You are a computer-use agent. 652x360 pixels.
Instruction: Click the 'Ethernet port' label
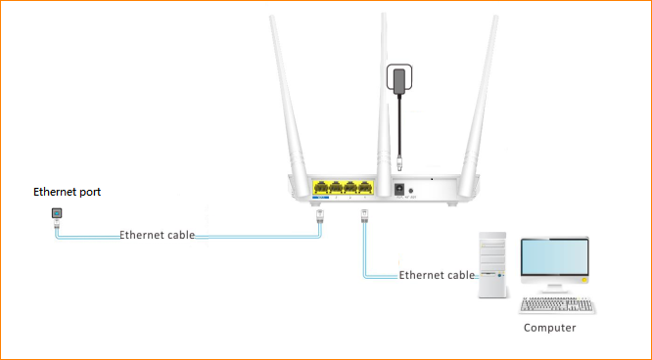[x=67, y=192]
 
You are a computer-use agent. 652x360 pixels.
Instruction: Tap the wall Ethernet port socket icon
[x=55, y=212]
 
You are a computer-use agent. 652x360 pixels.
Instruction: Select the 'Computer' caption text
[x=549, y=328]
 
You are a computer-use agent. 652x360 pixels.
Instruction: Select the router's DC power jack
[x=399, y=188]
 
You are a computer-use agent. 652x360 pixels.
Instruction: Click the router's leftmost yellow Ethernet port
[x=320, y=188]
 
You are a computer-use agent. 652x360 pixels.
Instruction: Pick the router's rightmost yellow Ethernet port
[x=365, y=188]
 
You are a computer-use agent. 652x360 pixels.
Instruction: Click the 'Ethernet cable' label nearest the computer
[x=437, y=276]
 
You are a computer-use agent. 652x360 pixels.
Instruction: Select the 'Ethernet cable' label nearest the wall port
[x=157, y=236]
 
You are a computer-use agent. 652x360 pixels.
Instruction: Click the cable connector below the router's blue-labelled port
[x=319, y=218]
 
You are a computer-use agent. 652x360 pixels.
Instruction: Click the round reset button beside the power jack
[x=414, y=189]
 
